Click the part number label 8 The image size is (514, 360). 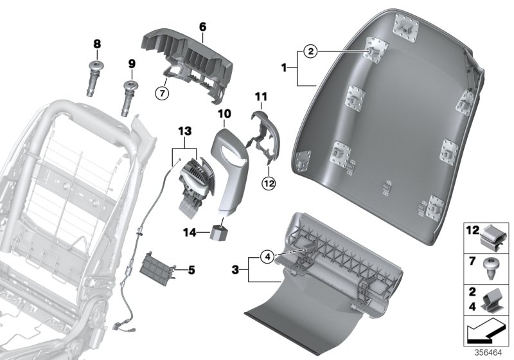click(98, 44)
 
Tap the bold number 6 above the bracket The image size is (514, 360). click(202, 27)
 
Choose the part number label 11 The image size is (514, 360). click(260, 96)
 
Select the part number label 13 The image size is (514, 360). click(185, 131)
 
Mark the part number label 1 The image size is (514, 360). click(287, 67)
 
